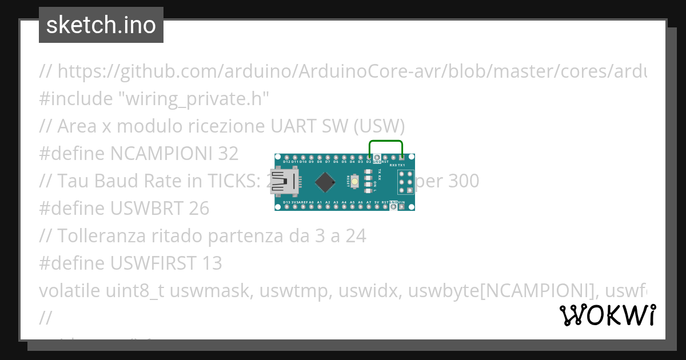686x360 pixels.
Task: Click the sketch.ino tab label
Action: coord(101,25)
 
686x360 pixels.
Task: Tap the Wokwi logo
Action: coord(607,315)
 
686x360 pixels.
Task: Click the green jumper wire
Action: coord(386,141)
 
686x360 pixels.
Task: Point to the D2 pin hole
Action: coord(370,157)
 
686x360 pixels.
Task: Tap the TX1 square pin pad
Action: coord(402,157)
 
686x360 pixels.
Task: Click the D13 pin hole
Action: coord(286,207)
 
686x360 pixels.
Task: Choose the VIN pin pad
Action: coord(402,207)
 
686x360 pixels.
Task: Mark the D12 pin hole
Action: coord(286,157)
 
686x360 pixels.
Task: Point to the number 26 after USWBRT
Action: coord(198,209)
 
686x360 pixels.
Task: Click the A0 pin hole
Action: coord(311,207)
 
